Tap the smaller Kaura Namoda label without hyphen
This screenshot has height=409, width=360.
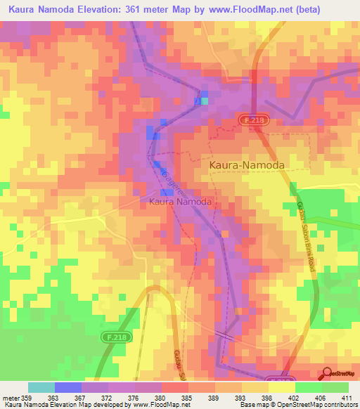tap(180, 202)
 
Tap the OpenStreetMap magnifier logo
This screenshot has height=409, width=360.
tap(327, 374)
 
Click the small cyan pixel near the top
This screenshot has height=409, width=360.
tap(205, 101)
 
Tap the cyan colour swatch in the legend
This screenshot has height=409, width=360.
tap(41, 387)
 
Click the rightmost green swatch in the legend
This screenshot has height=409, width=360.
tap(335, 387)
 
